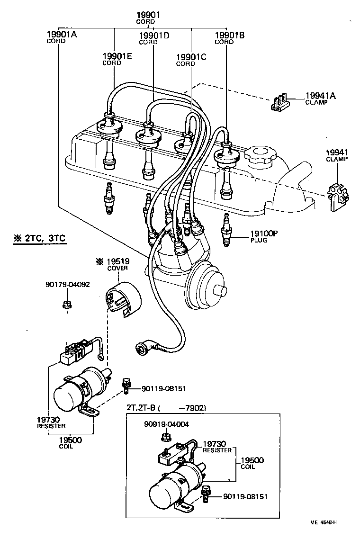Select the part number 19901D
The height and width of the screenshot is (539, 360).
pyautogui.click(x=154, y=36)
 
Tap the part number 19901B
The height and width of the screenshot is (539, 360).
pyautogui.click(x=230, y=35)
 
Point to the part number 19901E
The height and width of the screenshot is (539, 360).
pyautogui.click(x=117, y=56)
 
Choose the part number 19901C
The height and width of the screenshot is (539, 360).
pyautogui.click(x=191, y=57)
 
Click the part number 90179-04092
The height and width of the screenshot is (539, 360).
pyautogui.click(x=68, y=285)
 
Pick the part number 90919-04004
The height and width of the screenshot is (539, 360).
pyautogui.click(x=166, y=424)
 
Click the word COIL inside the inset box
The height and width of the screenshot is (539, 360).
pyautogui.click(x=247, y=467)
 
